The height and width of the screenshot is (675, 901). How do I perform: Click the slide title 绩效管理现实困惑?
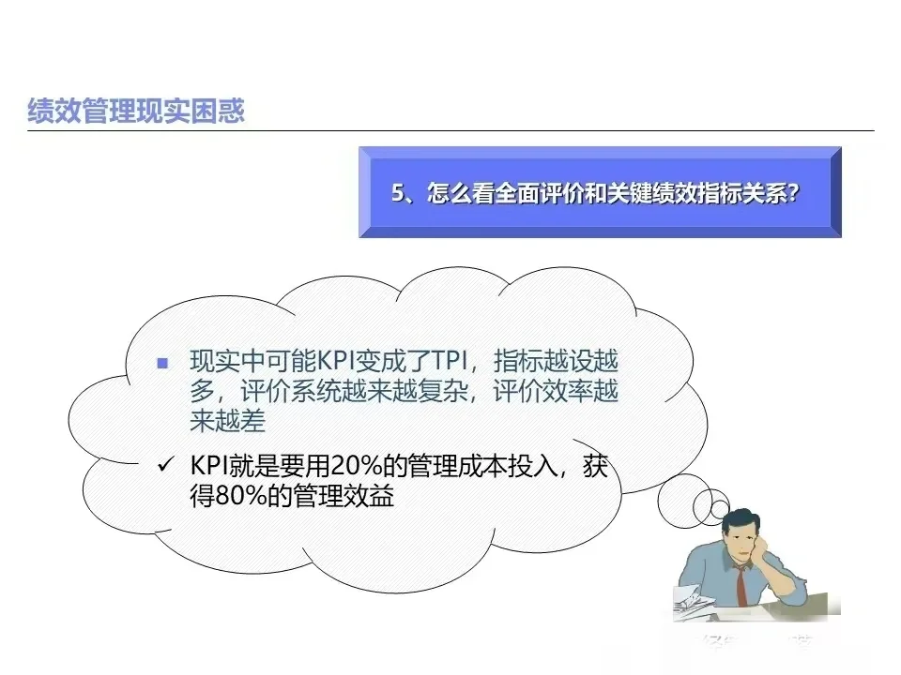click(x=136, y=112)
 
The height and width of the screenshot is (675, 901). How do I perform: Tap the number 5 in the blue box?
click(x=398, y=192)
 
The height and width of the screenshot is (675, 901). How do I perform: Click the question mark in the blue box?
click(x=794, y=192)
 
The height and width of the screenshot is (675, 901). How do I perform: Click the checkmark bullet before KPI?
click(x=165, y=465)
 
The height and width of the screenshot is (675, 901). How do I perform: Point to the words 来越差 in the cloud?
click(x=228, y=422)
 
